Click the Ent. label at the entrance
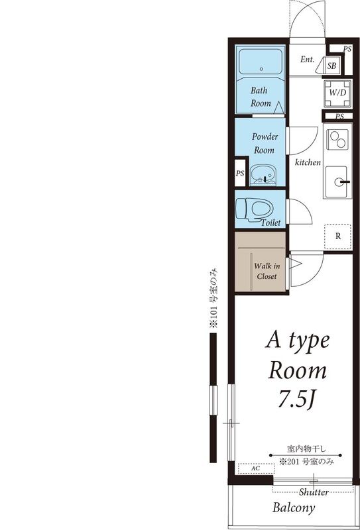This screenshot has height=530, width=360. (307, 60)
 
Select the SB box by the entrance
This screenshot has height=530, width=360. (332, 66)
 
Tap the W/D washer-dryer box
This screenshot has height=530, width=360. (337, 93)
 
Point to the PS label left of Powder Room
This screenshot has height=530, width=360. (240, 174)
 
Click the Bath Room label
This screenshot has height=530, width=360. (260, 97)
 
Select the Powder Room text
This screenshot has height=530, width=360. (265, 143)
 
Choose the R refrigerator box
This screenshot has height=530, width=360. (337, 236)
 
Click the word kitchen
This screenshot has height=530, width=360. (308, 162)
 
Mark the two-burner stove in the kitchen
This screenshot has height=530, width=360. (338, 141)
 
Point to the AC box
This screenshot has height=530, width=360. (255, 468)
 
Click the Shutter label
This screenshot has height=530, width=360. (314, 492)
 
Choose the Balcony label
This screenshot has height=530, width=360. (294, 509)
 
